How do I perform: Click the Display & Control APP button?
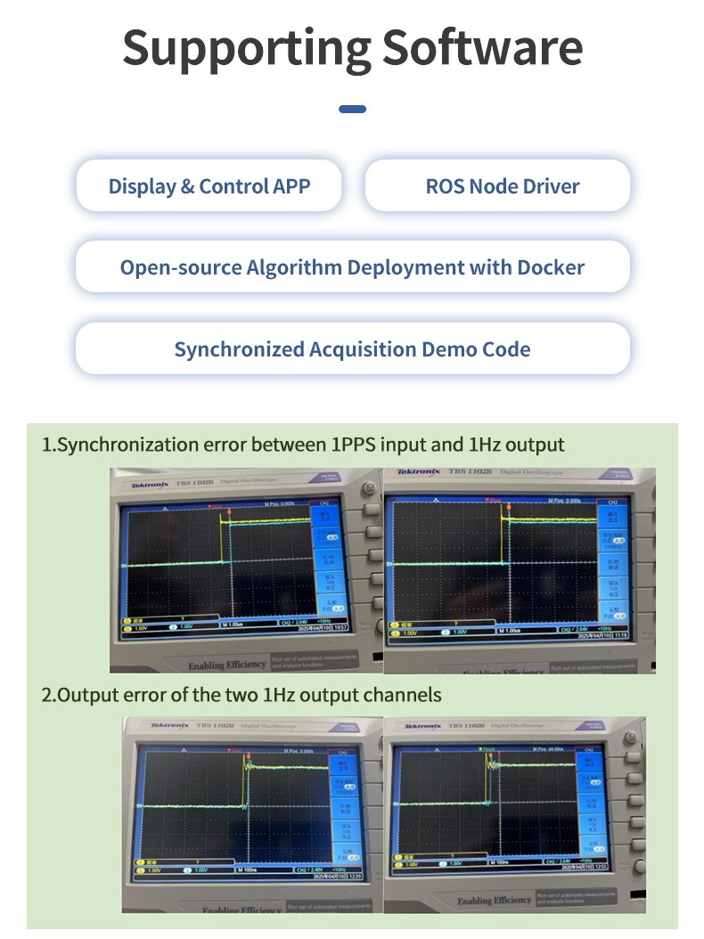tap(209, 186)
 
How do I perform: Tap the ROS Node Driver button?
tap(502, 186)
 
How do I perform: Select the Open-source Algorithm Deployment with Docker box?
tap(352, 267)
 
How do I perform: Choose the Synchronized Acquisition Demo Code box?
tap(352, 349)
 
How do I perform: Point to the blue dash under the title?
tap(352, 110)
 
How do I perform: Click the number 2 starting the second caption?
tap(46, 694)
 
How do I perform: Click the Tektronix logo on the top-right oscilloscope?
tap(418, 471)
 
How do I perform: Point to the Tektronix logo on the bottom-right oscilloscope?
tap(422, 726)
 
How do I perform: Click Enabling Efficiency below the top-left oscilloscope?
tap(227, 665)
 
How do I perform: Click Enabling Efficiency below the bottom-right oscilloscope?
tap(494, 901)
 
